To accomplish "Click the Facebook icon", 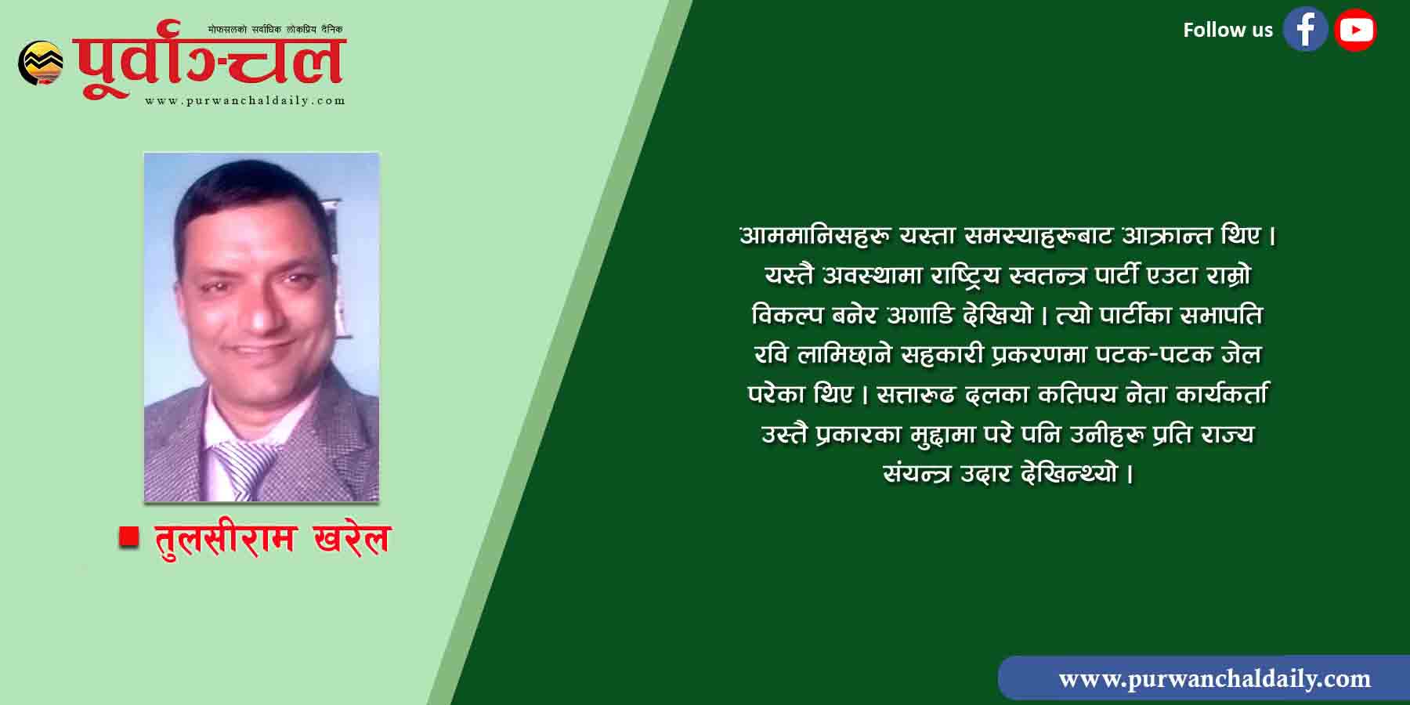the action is (1305, 30).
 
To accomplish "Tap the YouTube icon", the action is (1355, 30).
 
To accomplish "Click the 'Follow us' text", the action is (1227, 30).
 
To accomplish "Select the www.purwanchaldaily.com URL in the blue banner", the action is (1215, 678).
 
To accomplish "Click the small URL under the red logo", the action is (245, 100).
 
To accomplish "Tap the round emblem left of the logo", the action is (41, 63).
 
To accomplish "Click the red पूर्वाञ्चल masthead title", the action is (210, 61).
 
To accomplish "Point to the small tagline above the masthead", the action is (275, 30).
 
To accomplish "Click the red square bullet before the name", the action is (129, 537).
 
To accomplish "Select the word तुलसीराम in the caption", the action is (226, 538).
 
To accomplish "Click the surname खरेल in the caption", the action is (351, 538).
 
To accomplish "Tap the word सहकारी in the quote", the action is (941, 355).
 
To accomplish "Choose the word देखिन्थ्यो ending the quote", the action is (1070, 474).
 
